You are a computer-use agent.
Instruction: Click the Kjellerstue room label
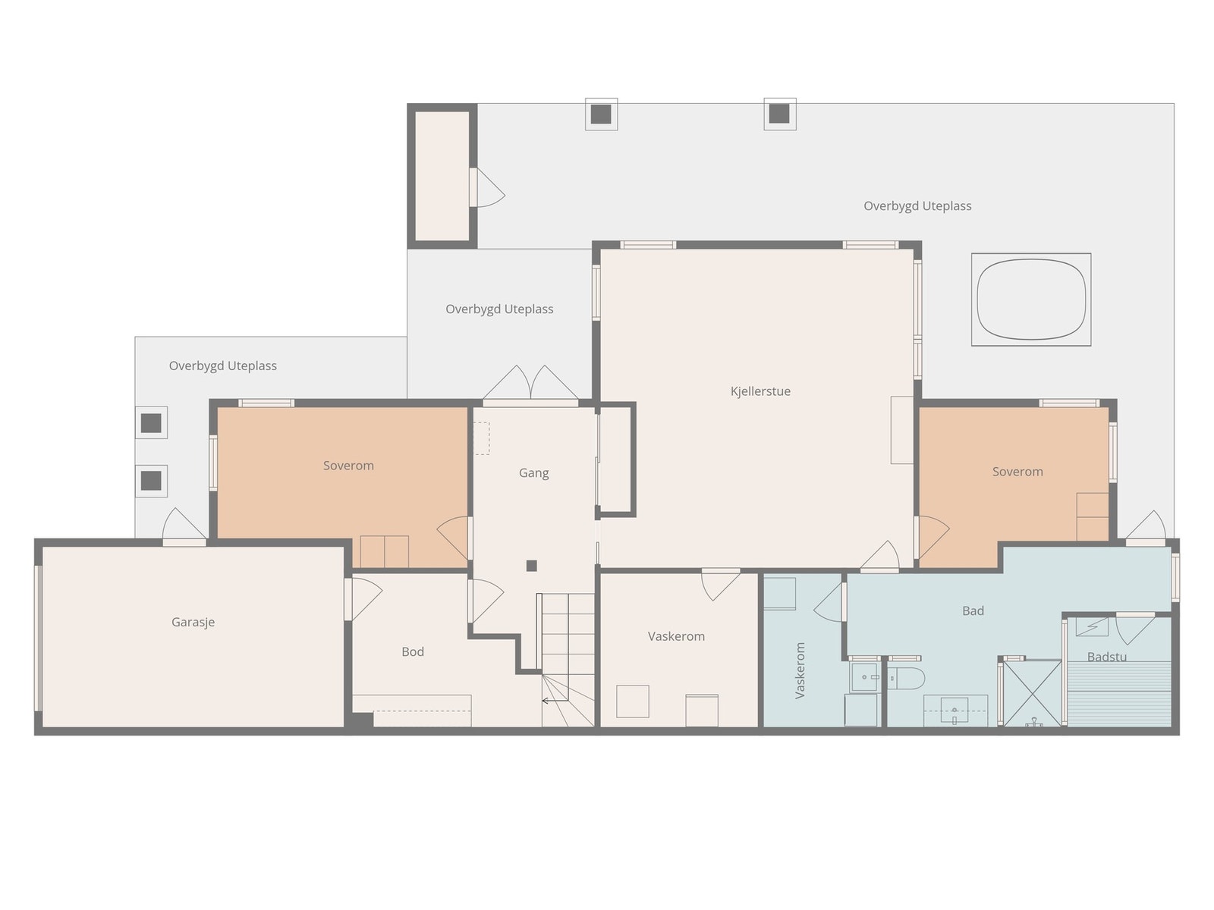(760, 391)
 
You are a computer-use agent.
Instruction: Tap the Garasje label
(193, 622)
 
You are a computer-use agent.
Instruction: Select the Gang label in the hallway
(533, 473)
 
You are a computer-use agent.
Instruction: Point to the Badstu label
(1107, 657)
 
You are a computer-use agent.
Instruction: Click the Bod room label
(413, 651)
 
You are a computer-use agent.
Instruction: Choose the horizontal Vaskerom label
(676, 636)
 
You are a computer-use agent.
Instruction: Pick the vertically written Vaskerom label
(800, 670)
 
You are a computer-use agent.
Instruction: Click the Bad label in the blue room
(973, 610)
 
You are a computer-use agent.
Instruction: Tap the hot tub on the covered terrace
(1031, 300)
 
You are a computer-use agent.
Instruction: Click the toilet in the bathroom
(906, 678)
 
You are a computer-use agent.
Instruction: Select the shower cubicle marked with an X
(1031, 693)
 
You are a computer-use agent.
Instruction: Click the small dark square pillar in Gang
(532, 565)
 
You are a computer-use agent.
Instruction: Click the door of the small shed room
(486, 188)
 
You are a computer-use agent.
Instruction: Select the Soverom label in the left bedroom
(348, 466)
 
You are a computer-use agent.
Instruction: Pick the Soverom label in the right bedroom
(1017, 472)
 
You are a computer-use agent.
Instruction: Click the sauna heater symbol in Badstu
(1092, 627)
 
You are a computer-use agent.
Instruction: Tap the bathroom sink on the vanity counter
(954, 710)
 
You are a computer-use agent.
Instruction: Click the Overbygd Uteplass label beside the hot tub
(917, 206)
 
